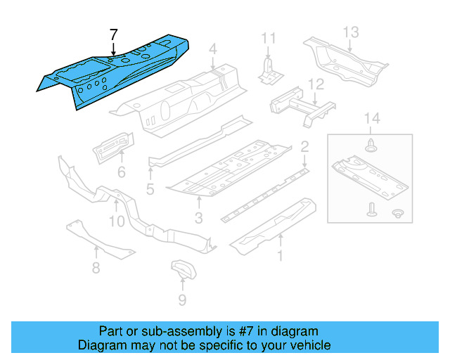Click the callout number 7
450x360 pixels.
[114, 34]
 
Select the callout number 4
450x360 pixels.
[212, 49]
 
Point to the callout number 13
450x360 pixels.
[351, 32]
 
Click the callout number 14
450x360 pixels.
[371, 120]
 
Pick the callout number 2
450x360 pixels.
[304, 147]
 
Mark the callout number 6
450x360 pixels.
[121, 172]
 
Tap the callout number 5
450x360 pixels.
[150, 188]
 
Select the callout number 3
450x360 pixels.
[199, 219]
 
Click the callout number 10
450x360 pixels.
[117, 221]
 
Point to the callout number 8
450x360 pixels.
[96, 267]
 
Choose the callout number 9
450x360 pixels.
[182, 300]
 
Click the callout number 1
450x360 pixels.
[281, 256]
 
